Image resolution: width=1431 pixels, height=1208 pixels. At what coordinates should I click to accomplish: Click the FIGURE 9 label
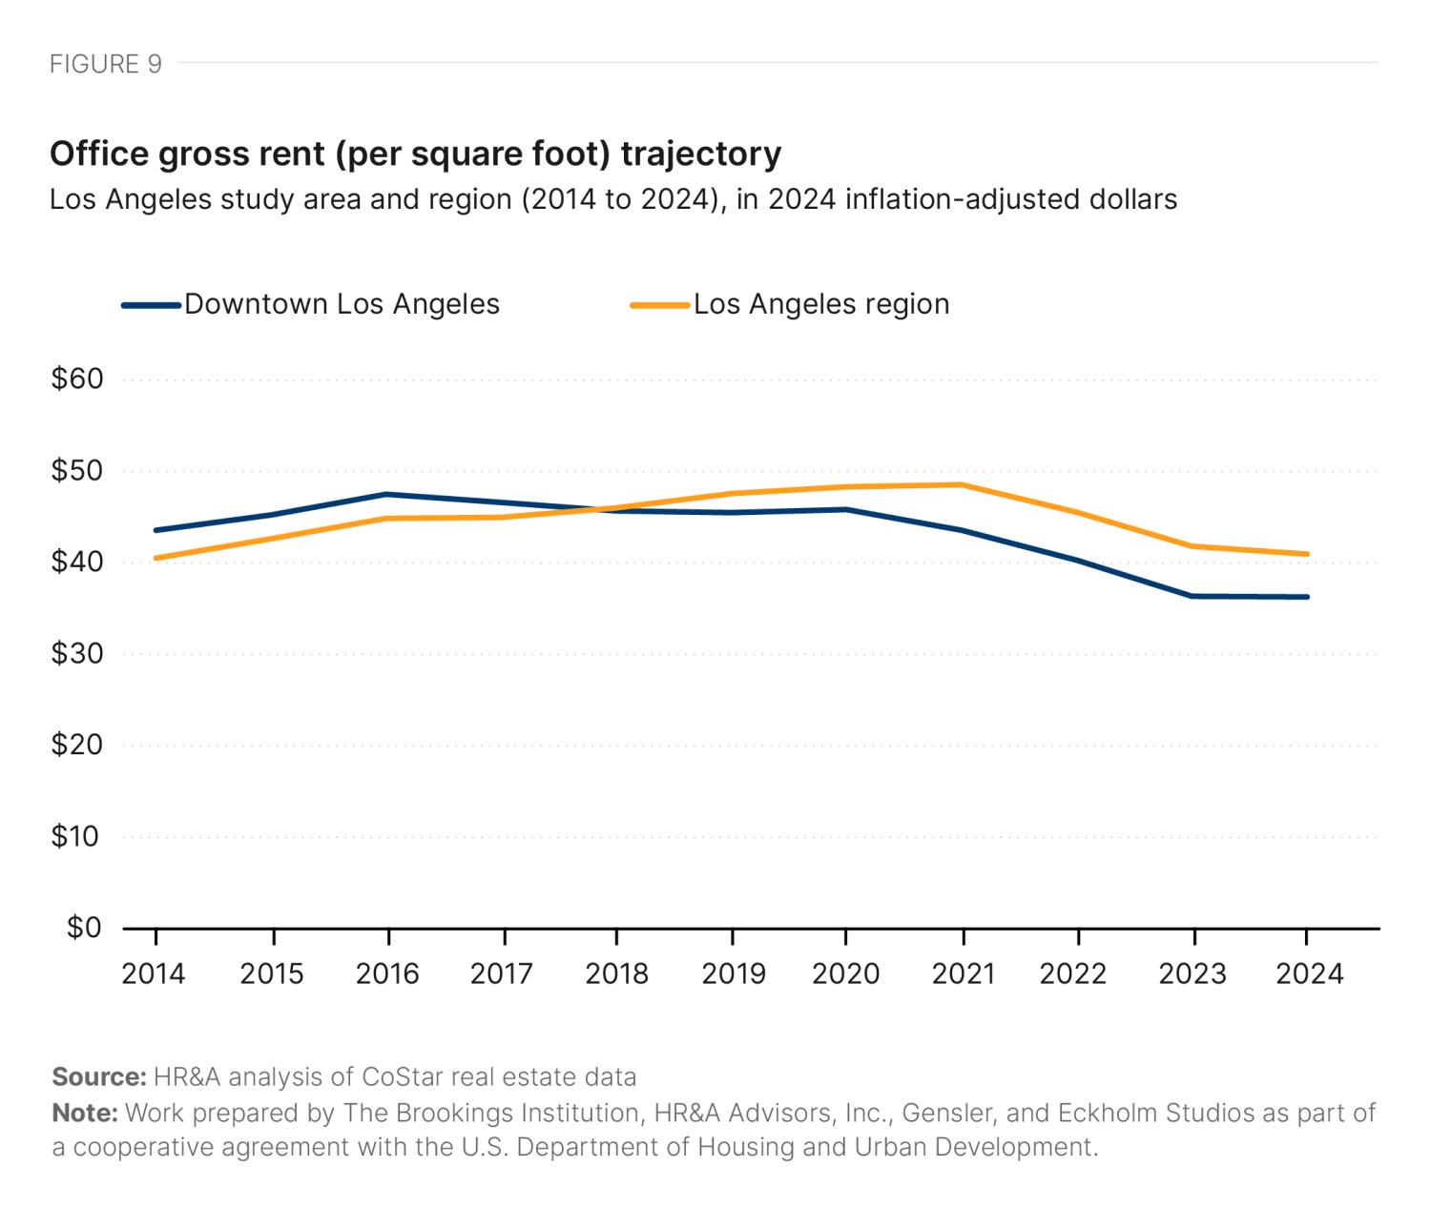pyautogui.click(x=105, y=64)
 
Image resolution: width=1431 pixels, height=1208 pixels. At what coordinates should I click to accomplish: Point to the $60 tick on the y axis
pyautogui.click(x=76, y=379)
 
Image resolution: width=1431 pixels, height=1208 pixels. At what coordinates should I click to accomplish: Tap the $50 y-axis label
pyautogui.click(x=76, y=471)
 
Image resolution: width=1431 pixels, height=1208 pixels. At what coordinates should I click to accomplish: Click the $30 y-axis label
pyautogui.click(x=76, y=654)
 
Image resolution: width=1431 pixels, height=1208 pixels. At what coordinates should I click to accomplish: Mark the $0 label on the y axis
pyautogui.click(x=83, y=928)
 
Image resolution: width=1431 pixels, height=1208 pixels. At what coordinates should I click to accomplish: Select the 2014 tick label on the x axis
pyautogui.click(x=154, y=973)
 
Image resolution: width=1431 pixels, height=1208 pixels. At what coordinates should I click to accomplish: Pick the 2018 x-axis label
pyautogui.click(x=616, y=973)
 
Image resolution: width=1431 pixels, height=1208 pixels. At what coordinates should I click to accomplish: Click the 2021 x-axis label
pyautogui.click(x=963, y=973)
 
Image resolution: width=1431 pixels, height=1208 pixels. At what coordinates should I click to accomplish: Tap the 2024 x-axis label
pyautogui.click(x=1309, y=973)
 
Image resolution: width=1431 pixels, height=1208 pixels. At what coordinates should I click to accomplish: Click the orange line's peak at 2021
pyautogui.click(x=963, y=484)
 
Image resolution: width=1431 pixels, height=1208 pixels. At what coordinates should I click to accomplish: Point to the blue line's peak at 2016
pyautogui.click(x=385, y=494)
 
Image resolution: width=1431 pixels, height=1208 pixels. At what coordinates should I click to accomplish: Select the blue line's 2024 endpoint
pyautogui.click(x=1307, y=597)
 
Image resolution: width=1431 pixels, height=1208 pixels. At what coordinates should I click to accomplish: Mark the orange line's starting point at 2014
pyautogui.click(x=155, y=558)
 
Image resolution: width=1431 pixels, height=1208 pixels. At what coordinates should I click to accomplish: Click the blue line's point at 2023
pyautogui.click(x=1192, y=596)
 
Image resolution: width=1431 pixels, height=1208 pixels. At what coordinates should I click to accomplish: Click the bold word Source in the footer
pyautogui.click(x=97, y=1077)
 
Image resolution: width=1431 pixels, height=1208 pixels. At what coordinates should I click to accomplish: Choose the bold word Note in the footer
pyautogui.click(x=84, y=1113)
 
